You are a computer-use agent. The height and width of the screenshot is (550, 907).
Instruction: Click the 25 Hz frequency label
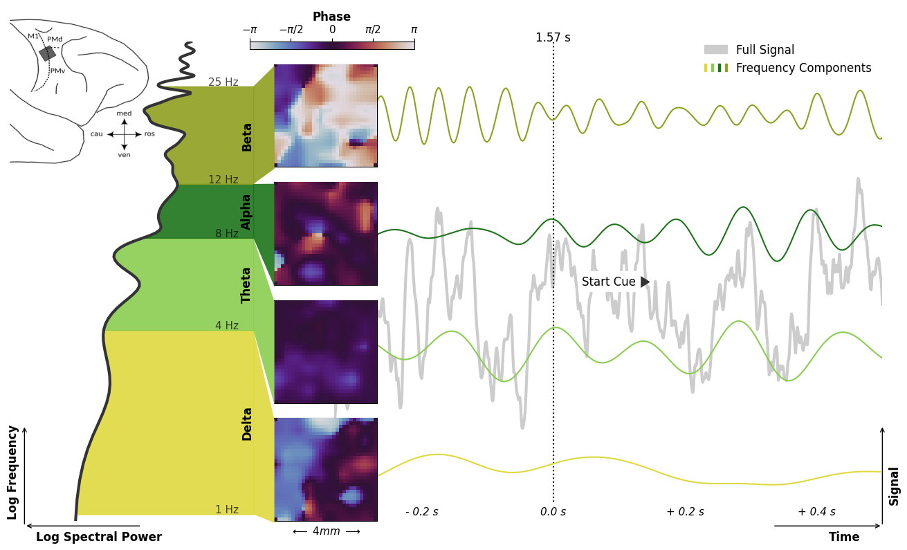(223, 82)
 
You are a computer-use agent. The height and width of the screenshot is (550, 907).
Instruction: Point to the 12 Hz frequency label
(223, 180)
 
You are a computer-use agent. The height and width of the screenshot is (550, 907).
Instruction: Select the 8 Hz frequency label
(227, 234)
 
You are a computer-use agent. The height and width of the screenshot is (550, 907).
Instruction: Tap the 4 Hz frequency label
(227, 326)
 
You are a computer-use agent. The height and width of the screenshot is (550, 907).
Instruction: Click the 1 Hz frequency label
(227, 510)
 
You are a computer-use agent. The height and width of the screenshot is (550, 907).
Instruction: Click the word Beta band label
(247, 137)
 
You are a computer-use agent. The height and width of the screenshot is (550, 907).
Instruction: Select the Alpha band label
(246, 212)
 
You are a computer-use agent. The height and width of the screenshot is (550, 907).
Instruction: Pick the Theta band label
(246, 284)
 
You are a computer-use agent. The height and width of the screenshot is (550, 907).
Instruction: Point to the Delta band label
(247, 423)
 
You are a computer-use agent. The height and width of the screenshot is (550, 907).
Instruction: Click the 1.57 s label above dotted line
(553, 38)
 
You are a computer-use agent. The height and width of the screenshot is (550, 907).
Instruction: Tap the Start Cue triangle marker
(645, 282)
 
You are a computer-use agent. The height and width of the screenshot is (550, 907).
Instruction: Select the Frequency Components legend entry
(803, 68)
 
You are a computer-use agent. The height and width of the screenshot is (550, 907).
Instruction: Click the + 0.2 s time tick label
(685, 512)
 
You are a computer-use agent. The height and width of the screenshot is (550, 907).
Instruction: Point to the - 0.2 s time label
(421, 512)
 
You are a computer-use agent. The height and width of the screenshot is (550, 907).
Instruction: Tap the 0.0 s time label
(553, 512)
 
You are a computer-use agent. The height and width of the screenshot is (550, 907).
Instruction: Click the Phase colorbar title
(331, 17)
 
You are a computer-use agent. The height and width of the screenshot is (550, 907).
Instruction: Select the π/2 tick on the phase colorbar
(373, 30)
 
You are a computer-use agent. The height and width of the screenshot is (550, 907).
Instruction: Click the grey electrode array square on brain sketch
(47, 53)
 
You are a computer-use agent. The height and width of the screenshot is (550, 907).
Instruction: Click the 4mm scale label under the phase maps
(326, 531)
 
